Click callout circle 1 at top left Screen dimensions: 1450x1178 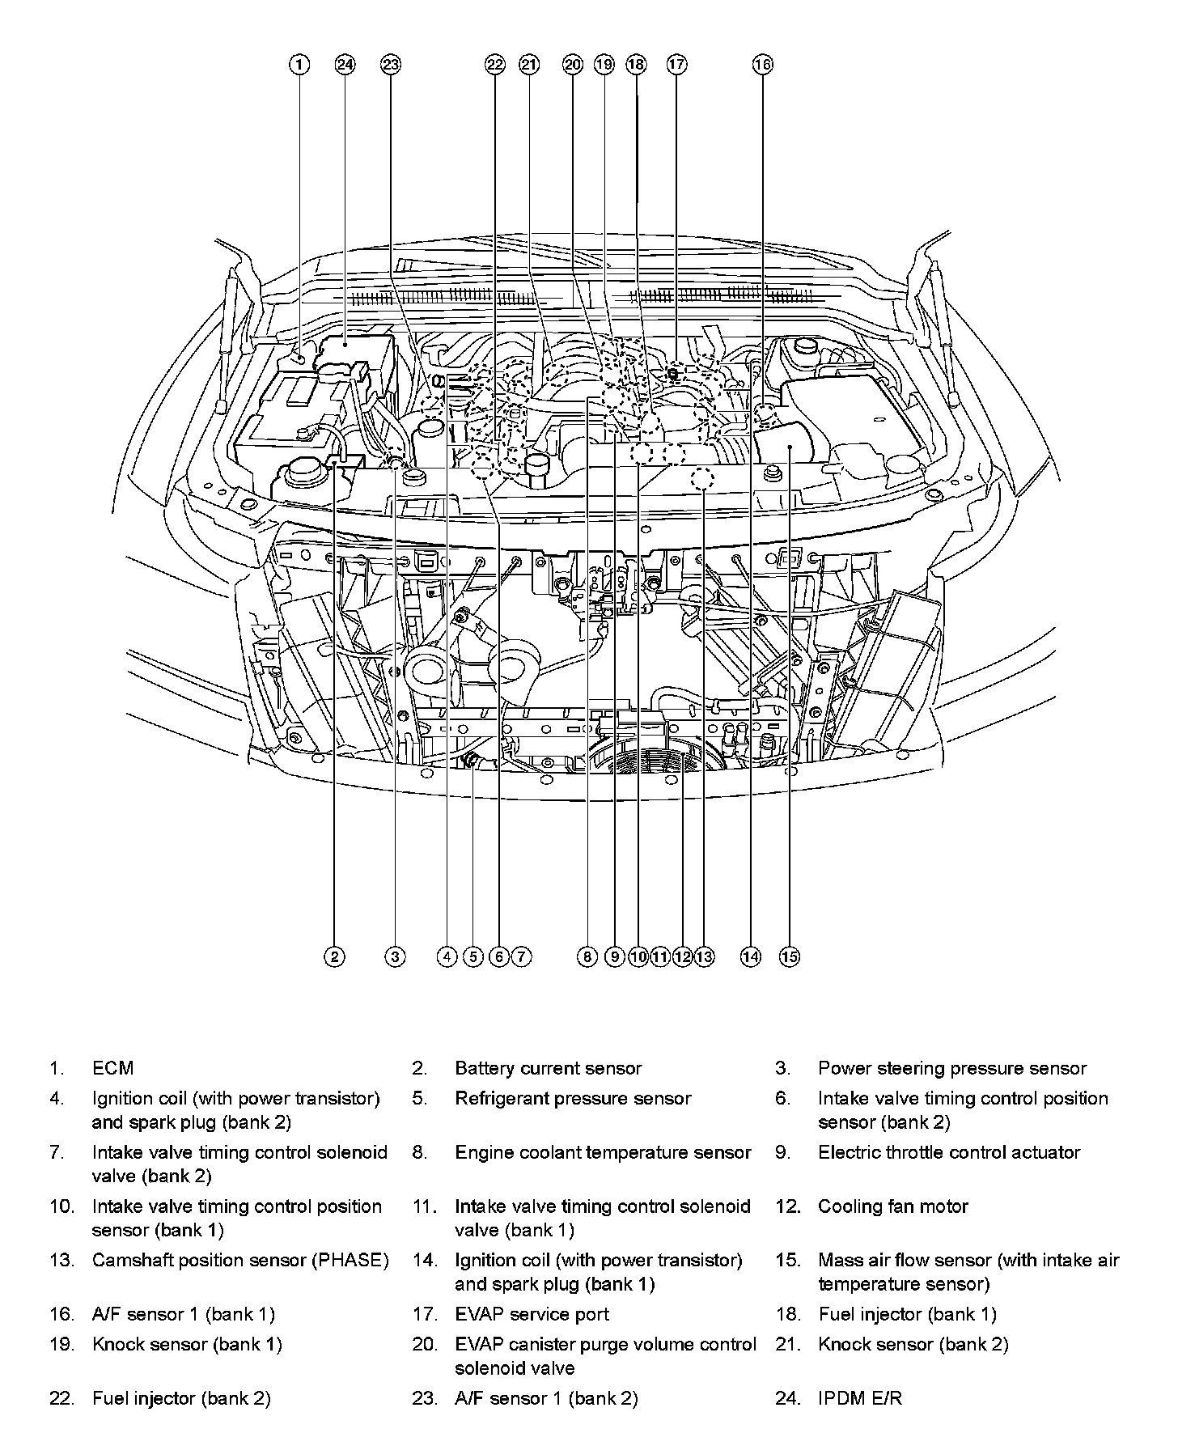pos(299,65)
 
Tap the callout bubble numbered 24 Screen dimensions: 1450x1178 pos(345,65)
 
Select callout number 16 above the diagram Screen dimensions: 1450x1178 pos(763,65)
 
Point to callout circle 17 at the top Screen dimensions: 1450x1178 pos(677,65)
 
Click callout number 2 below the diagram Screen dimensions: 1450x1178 pos(334,956)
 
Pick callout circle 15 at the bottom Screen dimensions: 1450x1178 pos(790,956)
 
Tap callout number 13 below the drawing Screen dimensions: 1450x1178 pos(704,956)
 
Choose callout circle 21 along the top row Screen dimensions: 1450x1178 pos(529,65)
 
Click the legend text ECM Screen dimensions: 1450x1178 pos(112,1068)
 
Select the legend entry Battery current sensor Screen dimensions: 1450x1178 pos(548,1068)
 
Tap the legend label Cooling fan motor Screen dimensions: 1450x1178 pos(892,1206)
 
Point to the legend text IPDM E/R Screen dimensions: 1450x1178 pos(859,1398)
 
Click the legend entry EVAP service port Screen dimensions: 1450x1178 pos(532,1315)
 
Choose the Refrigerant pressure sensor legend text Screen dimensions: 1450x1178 pos(573,1099)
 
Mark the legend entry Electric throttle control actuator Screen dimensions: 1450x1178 pos(949,1152)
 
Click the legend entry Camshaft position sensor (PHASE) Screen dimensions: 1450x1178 pos(240,1260)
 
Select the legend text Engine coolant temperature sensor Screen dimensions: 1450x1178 pos(603,1152)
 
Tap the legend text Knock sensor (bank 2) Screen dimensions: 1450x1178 pos(913,1345)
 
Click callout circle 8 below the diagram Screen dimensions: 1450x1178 pos(587,956)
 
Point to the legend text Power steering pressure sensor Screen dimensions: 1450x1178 pos(952,1068)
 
